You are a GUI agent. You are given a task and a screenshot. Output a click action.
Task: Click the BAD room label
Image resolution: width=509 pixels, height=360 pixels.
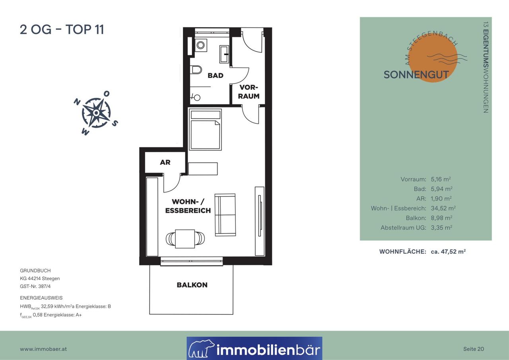[x=216, y=76]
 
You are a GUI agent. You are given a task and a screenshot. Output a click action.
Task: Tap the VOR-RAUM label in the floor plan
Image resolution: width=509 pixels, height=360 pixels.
[x=249, y=92]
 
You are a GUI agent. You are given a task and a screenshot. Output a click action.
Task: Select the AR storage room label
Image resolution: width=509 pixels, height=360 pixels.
[x=165, y=162]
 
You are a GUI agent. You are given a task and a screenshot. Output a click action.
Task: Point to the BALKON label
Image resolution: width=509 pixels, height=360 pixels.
[x=192, y=285]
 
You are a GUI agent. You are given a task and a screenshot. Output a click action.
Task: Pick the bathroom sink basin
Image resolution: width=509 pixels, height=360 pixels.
[x=224, y=54]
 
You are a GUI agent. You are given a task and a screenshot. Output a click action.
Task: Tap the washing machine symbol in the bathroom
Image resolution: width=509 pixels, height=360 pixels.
[x=201, y=45]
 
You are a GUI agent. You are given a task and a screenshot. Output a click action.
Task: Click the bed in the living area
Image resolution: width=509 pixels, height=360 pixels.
[x=206, y=130]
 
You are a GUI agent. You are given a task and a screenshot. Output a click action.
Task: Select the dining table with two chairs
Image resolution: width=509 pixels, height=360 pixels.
[x=185, y=239]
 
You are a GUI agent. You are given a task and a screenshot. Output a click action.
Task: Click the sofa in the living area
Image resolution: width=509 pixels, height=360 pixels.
[x=225, y=215]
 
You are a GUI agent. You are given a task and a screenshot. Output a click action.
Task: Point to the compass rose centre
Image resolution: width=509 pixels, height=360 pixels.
[x=96, y=113]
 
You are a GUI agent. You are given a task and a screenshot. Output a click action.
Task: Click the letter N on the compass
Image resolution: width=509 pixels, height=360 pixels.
[x=77, y=102]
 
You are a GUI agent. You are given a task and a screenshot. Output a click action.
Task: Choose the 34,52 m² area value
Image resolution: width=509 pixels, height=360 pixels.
[x=443, y=208]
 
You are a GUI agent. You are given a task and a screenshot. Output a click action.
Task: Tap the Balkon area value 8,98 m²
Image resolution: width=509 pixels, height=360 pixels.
[x=441, y=218]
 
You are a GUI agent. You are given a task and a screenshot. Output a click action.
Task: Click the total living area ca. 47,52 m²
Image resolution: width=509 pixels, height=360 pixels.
[x=448, y=251]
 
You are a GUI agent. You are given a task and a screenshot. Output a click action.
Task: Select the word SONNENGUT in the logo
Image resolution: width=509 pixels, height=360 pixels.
[x=416, y=75]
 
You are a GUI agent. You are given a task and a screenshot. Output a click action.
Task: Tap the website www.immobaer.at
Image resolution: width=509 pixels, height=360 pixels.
[x=43, y=349]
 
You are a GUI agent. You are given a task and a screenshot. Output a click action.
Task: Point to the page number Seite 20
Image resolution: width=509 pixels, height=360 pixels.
[x=474, y=349]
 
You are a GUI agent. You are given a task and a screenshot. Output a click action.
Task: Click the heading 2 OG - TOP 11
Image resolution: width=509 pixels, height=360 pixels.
[x=62, y=29]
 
